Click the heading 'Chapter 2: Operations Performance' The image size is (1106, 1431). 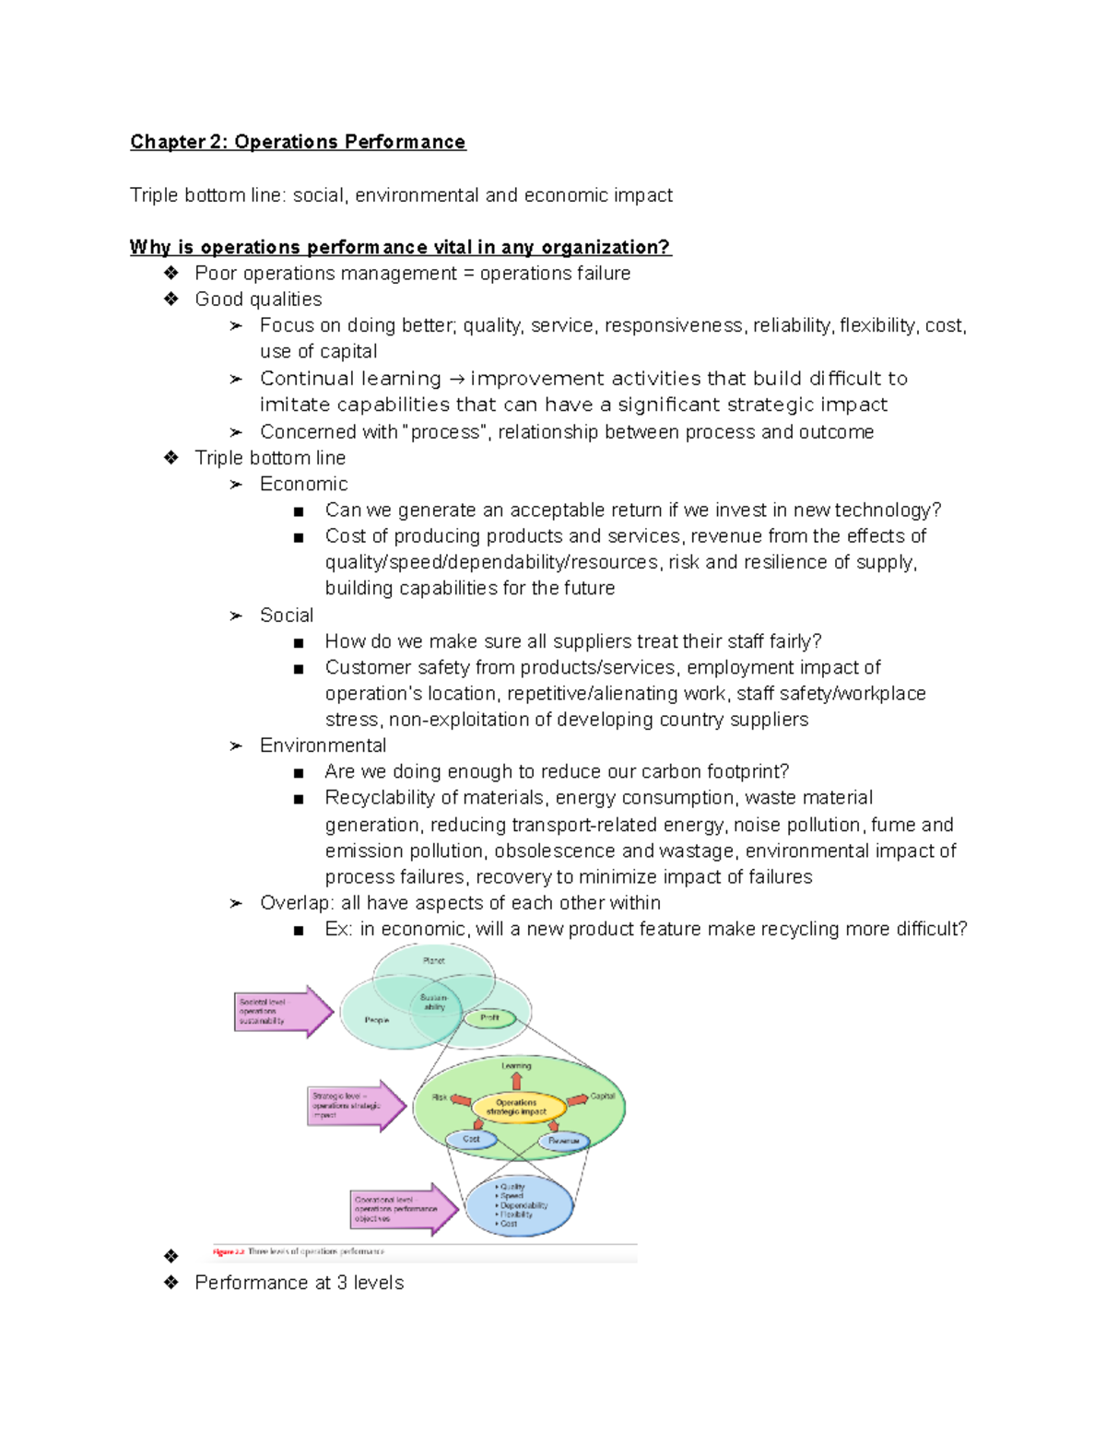(x=298, y=142)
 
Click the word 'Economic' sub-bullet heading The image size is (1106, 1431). (x=303, y=484)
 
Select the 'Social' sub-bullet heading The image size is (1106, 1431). (x=286, y=615)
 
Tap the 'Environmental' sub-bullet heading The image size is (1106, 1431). (x=323, y=745)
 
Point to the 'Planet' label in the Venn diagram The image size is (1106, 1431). (x=433, y=961)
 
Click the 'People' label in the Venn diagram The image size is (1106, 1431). (x=376, y=1020)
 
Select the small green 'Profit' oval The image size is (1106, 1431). (x=489, y=1017)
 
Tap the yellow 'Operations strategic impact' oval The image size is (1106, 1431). (x=516, y=1107)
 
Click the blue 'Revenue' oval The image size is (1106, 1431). (x=563, y=1141)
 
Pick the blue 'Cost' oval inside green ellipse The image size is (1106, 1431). (x=471, y=1140)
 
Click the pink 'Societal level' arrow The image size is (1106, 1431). (x=282, y=1012)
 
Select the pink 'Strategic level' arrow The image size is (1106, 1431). (x=355, y=1106)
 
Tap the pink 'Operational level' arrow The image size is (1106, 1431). (x=403, y=1209)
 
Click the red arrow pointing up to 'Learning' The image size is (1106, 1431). (x=516, y=1081)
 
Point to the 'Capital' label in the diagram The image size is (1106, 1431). (x=602, y=1097)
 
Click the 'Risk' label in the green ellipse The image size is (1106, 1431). (x=440, y=1097)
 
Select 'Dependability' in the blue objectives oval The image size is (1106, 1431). (x=524, y=1205)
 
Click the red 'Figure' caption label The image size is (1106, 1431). (x=228, y=1251)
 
